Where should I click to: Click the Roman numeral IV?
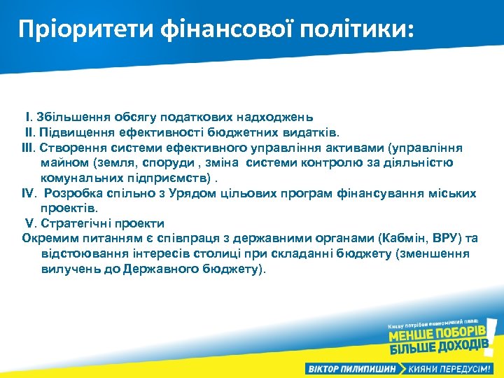(x=29, y=193)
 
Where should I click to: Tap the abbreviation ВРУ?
(x=447, y=239)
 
